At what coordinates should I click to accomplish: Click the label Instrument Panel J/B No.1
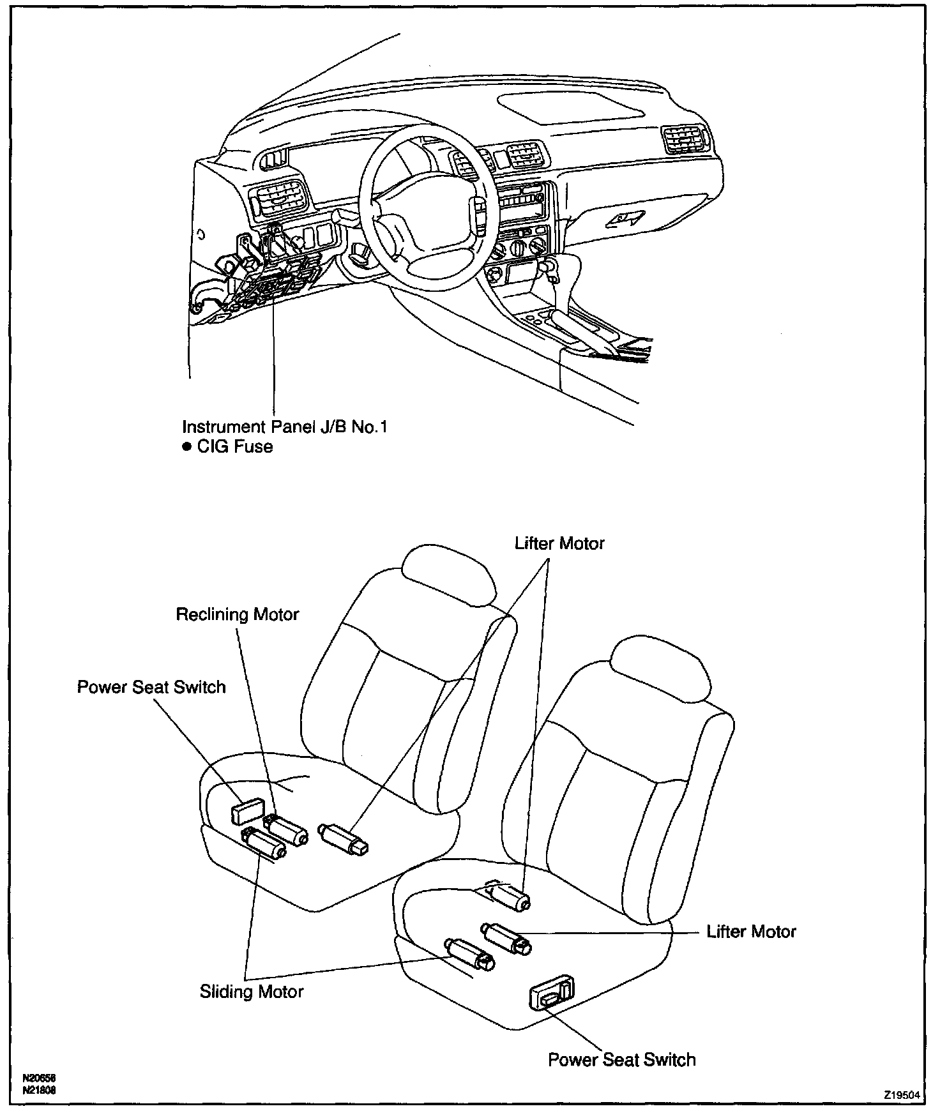284,427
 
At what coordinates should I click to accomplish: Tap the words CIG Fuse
234,446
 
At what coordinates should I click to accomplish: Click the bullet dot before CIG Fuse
187,446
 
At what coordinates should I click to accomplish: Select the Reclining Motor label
238,614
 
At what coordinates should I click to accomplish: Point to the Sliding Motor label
252,992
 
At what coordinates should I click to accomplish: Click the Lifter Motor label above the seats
559,543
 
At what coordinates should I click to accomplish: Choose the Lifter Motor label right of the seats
751,932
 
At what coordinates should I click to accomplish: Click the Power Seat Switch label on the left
151,687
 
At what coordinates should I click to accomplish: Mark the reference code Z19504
901,1094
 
